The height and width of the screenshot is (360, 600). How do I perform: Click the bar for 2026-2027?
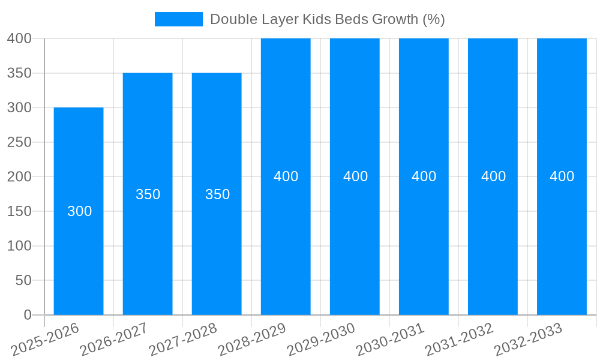click(148, 252)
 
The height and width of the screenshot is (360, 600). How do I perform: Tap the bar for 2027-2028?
click(217, 252)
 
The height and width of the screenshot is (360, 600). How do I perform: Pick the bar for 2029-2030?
click(355, 240)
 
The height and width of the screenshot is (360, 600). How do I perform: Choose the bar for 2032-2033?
click(562, 240)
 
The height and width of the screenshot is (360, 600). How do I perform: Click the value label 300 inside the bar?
click(79, 211)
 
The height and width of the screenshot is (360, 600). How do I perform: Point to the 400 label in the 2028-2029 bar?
click(286, 176)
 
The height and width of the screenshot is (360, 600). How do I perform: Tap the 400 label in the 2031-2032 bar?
click(493, 176)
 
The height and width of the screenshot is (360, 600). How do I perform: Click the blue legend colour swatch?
click(179, 19)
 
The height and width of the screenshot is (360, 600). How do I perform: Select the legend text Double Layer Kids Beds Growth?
click(327, 19)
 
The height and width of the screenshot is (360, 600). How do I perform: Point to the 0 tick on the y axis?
click(27, 315)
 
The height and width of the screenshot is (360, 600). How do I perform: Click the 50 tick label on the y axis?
click(23, 280)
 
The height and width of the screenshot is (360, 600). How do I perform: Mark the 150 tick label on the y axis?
click(19, 211)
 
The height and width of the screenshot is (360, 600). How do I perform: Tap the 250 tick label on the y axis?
click(19, 142)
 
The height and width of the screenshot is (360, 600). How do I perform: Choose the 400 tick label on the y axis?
click(19, 38)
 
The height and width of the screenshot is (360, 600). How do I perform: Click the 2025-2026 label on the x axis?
click(45, 340)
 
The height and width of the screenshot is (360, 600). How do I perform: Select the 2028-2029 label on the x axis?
click(252, 340)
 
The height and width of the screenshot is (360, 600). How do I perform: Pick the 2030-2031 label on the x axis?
click(390, 340)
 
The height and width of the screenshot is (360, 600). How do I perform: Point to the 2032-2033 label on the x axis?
click(528, 340)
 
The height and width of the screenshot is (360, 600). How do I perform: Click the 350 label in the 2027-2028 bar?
click(217, 194)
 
